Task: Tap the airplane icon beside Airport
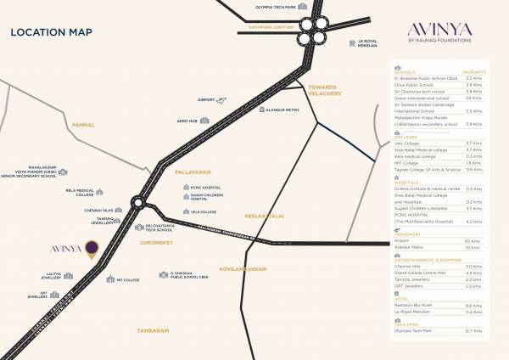pos(222,101)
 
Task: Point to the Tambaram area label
pos(154,329)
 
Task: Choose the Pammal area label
pos(83,124)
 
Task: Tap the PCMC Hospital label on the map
pos(205,187)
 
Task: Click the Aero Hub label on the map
pos(188,121)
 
